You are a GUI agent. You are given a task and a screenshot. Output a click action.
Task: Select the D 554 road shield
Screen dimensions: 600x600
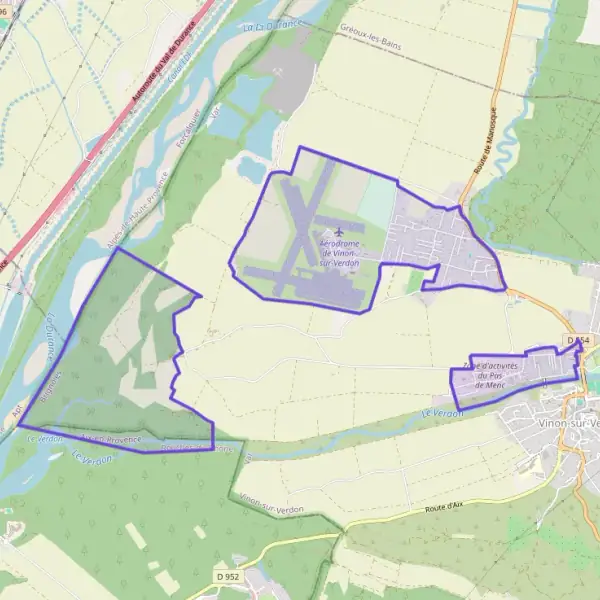click(578, 341)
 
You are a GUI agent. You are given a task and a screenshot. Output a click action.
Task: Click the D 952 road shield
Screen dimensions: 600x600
click(229, 577)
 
